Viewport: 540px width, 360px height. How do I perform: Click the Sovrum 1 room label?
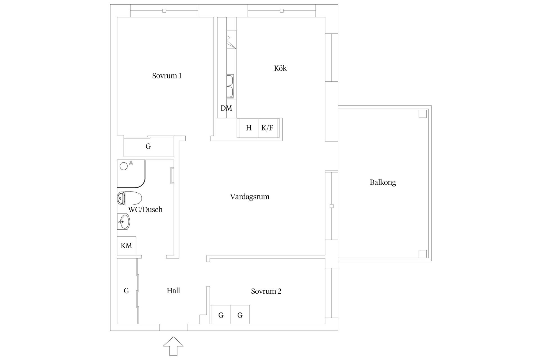click(167, 76)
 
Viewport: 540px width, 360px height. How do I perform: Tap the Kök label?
click(280, 68)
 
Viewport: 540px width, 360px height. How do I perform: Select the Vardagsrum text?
click(249, 197)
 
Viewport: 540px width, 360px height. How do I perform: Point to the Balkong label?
click(382, 182)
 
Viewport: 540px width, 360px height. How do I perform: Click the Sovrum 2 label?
click(266, 291)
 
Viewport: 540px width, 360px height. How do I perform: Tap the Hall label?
click(173, 291)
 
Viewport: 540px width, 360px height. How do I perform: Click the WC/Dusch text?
click(145, 210)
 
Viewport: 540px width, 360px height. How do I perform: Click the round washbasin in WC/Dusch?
click(124, 222)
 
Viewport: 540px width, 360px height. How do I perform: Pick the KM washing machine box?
click(127, 246)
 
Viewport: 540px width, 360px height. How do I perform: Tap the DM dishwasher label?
click(226, 108)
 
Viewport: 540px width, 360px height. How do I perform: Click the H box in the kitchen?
click(248, 128)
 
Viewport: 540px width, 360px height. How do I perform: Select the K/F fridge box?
click(267, 128)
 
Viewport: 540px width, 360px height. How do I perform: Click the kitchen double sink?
click(230, 86)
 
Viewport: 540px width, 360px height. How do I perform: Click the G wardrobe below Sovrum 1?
click(148, 147)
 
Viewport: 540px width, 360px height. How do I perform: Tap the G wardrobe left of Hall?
click(127, 291)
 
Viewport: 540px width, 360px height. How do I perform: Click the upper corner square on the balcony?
click(422, 114)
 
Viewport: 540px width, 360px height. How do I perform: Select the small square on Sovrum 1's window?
click(164, 11)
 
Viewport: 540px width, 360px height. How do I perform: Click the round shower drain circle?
click(124, 166)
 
